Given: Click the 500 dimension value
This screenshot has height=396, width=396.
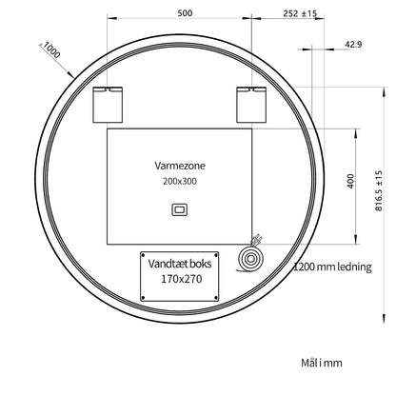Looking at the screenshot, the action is point(185,13).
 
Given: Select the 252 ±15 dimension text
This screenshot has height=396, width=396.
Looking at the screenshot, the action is point(300,13).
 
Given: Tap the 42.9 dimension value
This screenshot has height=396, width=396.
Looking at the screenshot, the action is point(353,44).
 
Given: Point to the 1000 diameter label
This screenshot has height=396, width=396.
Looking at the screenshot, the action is point(51,50).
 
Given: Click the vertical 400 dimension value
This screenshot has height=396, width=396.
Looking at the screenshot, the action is point(350,181).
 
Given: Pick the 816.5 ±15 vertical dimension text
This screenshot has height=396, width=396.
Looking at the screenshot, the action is point(379,190).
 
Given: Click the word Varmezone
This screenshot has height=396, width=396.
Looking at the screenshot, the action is point(180,166).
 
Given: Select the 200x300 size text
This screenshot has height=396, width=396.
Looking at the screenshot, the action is point(180,181).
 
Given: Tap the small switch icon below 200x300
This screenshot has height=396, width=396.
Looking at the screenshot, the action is point(180,209).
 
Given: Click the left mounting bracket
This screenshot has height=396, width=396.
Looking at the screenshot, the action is point(108,105).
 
